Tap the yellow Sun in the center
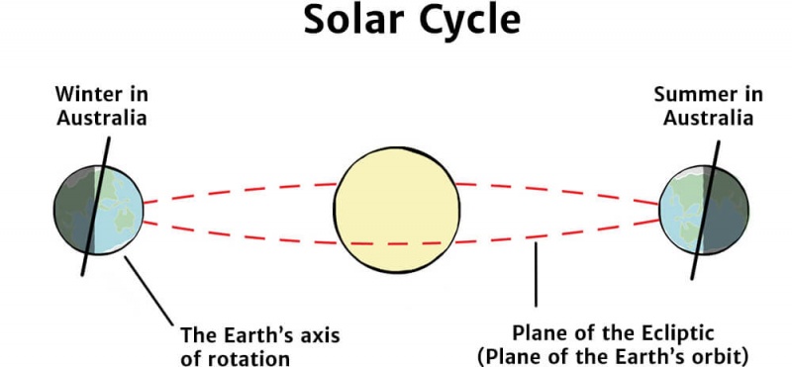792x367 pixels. (397, 210)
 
